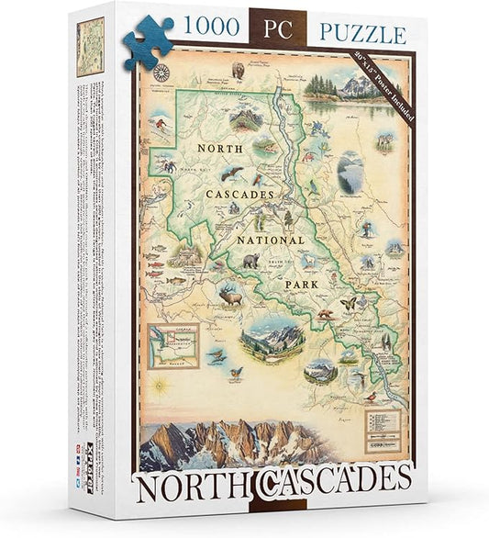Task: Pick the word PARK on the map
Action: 299,284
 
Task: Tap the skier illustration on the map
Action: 158,127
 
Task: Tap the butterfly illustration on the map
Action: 347,303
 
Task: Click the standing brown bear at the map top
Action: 240,70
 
